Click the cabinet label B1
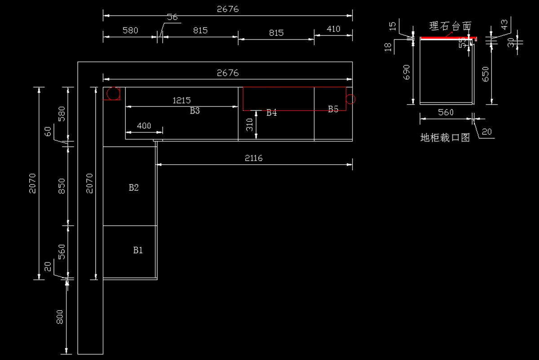click(138, 250)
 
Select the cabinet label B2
click(134, 188)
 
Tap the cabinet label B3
click(194, 111)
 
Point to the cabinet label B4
click(272, 113)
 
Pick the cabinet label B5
click(333, 109)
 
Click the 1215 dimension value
click(182, 101)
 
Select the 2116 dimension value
click(254, 158)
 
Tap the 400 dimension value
click(144, 126)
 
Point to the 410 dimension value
click(333, 29)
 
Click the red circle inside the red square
click(113, 93)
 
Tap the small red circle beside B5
click(351, 99)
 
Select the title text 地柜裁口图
click(445, 138)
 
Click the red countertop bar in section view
click(448, 38)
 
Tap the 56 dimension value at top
click(172, 18)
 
